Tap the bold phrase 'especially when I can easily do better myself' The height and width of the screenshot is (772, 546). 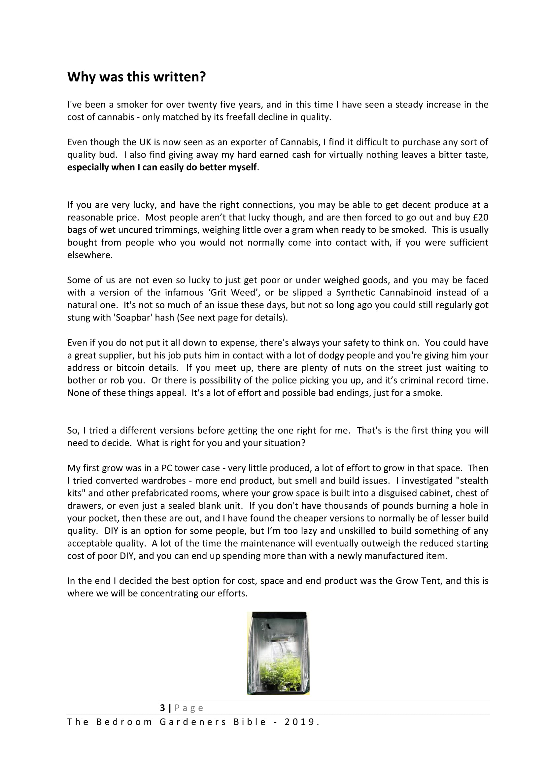point(162,167)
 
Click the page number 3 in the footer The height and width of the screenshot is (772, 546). point(162,708)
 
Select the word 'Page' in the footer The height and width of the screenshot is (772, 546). point(189,708)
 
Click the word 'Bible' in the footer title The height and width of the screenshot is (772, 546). point(250,722)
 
